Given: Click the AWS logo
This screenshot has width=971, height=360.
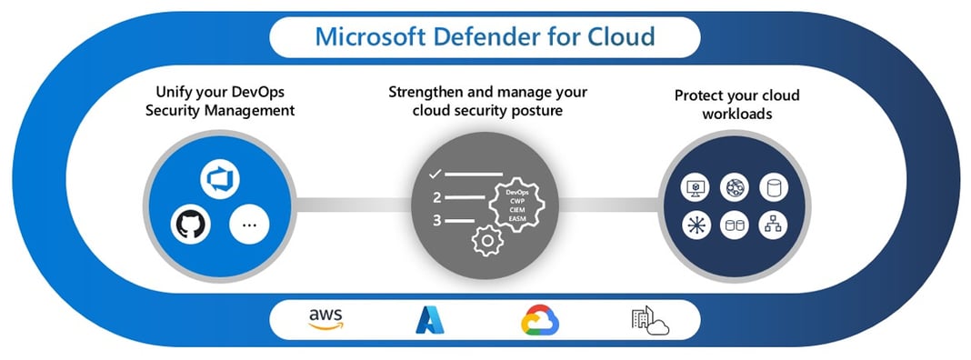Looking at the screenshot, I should (x=325, y=319).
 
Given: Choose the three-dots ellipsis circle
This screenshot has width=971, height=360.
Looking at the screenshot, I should (x=248, y=224).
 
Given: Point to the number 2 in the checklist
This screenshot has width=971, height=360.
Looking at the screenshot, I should (x=436, y=196).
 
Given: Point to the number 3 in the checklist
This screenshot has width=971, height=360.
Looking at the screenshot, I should (x=436, y=220).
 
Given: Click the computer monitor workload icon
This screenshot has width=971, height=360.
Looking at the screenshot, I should (x=695, y=187).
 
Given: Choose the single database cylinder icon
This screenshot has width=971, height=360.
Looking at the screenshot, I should (x=774, y=187).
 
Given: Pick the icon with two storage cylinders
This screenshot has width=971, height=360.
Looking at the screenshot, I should (x=734, y=225).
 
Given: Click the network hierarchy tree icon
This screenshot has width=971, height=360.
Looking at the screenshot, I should (x=774, y=225).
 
